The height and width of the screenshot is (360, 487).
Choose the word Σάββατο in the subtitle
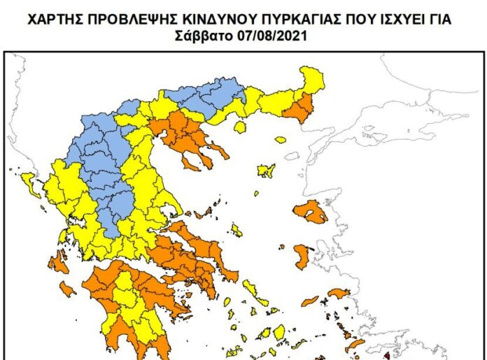203,34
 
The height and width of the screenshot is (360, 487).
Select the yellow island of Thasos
240,127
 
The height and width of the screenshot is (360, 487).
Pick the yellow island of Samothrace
281,140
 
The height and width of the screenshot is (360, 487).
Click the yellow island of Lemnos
265,169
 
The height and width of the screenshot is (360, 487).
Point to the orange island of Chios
302,256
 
